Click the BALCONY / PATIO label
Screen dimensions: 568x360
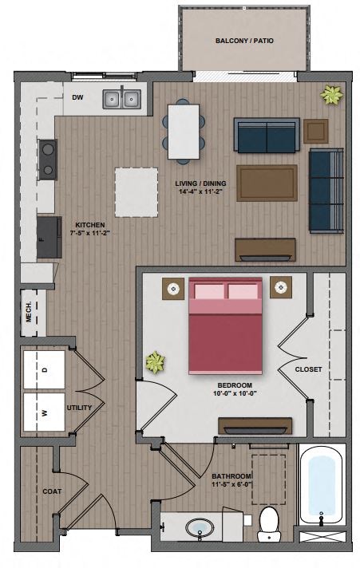[244, 40]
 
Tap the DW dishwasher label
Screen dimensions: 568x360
[77, 97]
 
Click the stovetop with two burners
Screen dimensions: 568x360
[48, 158]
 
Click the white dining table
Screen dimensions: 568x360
[184, 130]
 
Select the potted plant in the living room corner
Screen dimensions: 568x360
[331, 96]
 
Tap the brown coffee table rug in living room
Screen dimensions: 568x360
[267, 183]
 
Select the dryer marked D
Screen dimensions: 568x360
[45, 369]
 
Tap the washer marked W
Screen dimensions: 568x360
[45, 412]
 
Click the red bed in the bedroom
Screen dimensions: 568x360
[225, 325]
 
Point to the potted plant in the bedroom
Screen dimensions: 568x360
[154, 363]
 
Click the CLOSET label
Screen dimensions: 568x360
[308, 369]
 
